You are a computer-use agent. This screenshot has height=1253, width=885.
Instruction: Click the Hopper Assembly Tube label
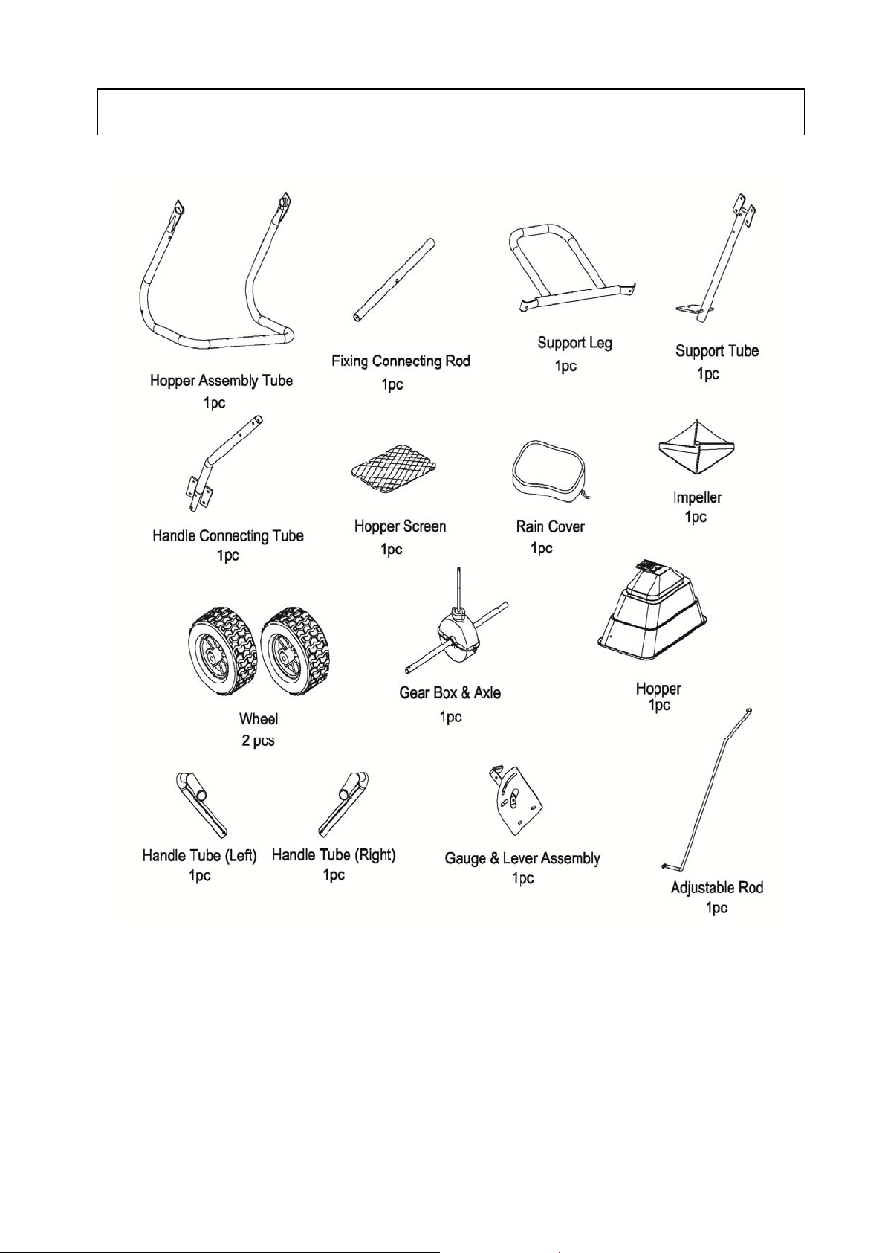point(221,381)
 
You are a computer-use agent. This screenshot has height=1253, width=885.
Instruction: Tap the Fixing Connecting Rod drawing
point(395,280)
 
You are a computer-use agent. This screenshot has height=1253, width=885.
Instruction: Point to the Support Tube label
point(716,351)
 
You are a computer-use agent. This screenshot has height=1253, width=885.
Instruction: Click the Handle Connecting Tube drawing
point(220,464)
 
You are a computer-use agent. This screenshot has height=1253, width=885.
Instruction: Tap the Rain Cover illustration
point(550,474)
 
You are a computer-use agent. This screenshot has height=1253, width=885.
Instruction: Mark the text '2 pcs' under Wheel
point(258,741)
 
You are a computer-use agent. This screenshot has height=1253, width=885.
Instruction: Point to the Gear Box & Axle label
point(450,693)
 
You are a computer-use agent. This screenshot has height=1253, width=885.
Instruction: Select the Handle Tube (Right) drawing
point(343,803)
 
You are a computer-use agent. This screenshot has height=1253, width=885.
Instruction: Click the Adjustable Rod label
point(716,887)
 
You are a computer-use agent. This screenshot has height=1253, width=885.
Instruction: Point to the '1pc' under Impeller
point(696,517)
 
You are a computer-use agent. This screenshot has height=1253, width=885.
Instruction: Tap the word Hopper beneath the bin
point(658,689)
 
